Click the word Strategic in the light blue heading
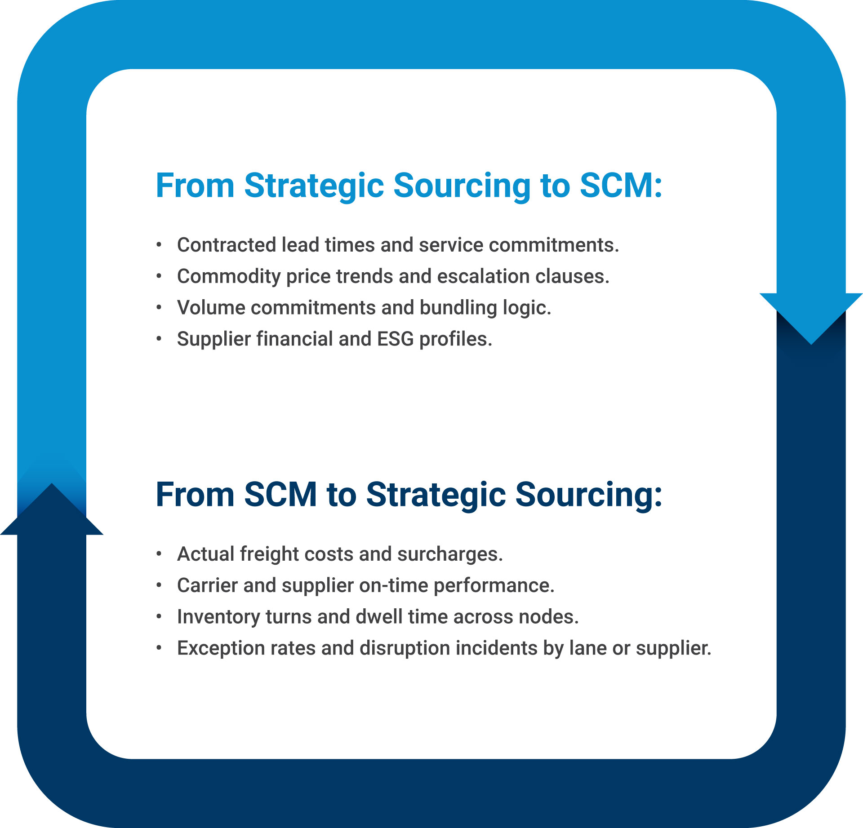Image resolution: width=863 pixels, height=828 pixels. [x=314, y=186]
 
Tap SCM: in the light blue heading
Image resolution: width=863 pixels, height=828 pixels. [x=621, y=186]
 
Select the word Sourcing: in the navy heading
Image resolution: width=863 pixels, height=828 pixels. [x=588, y=495]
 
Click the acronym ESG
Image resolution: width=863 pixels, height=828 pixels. [x=395, y=339]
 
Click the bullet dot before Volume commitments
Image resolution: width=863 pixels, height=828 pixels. [x=159, y=308]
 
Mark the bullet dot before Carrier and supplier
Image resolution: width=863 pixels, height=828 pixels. [x=159, y=585]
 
